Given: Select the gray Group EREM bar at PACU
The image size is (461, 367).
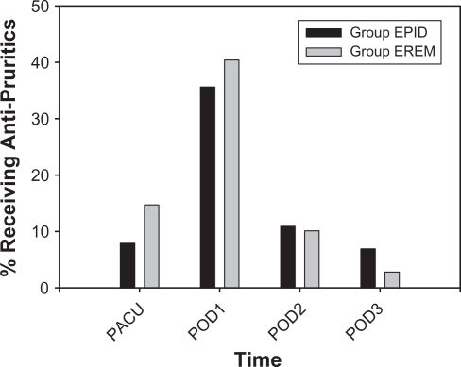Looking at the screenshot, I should click(151, 246).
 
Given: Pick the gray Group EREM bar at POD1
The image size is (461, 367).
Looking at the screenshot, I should click(231, 174).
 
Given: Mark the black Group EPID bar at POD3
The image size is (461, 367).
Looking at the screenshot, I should click(368, 268).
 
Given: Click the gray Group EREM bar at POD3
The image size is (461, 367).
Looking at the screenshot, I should click(392, 279).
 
